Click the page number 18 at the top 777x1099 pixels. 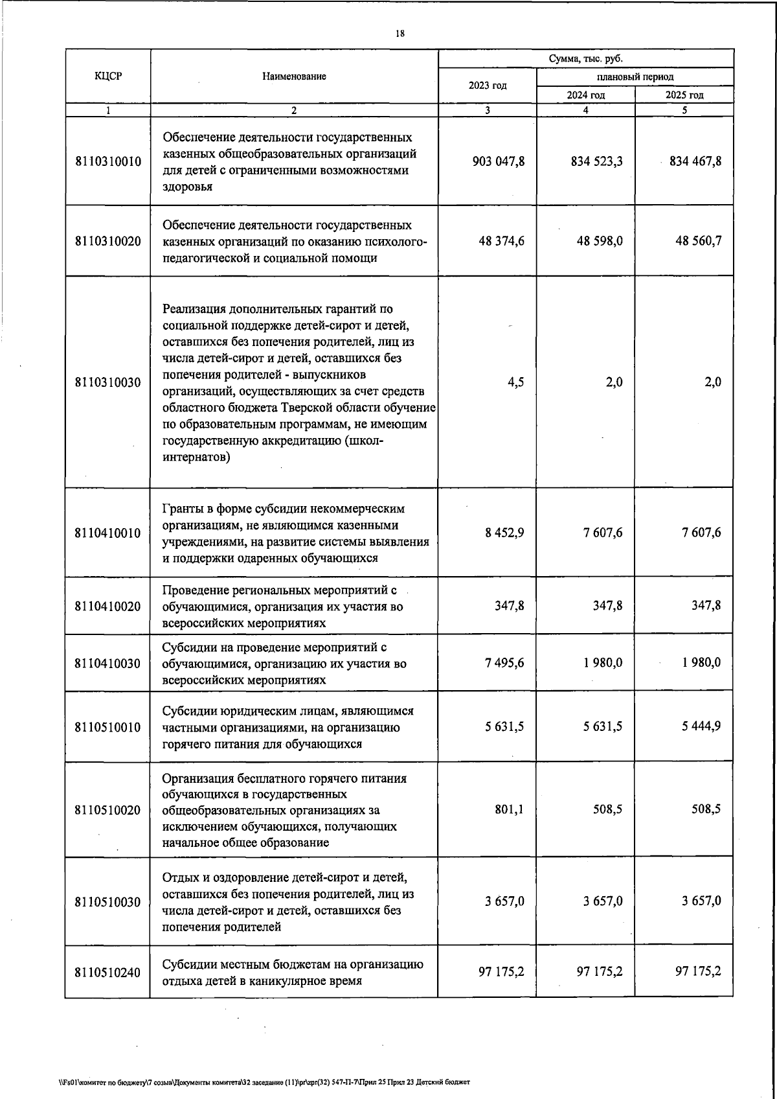point(400,34)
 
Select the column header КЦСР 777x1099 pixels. point(107,76)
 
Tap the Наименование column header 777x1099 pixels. point(294,76)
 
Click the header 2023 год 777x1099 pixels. point(487,86)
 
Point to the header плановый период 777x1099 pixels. point(635,76)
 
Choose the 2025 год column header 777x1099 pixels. point(684,95)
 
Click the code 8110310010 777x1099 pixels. point(107,161)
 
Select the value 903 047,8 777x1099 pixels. point(499,161)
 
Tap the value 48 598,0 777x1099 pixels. point(600,241)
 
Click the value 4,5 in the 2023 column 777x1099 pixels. point(516,382)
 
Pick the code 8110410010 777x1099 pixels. point(107,533)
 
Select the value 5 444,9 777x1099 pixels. point(701,726)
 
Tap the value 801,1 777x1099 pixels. point(509,809)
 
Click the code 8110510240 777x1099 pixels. point(107,972)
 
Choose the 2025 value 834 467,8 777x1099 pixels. point(695,161)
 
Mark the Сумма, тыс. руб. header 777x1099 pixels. point(585,58)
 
